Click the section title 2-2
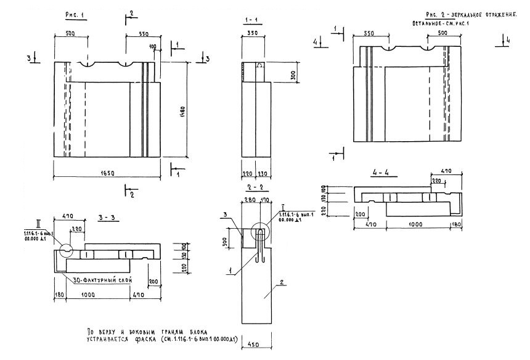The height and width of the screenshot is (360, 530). pyautogui.click(x=252, y=187)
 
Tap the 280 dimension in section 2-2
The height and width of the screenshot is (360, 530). pyautogui.click(x=248, y=200)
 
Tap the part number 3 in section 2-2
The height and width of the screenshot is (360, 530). pyautogui.click(x=226, y=214)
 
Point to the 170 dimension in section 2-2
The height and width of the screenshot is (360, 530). pyautogui.click(x=265, y=200)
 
